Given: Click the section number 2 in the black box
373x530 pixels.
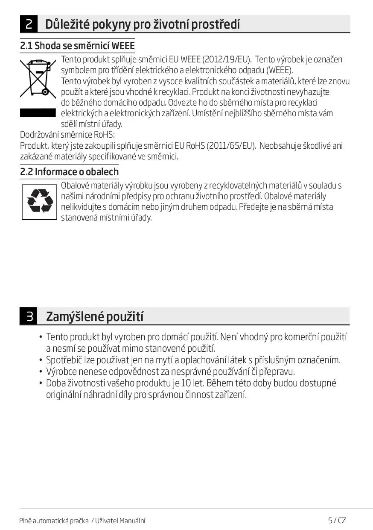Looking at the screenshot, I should (28, 24).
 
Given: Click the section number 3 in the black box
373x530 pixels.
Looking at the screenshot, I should (28, 317).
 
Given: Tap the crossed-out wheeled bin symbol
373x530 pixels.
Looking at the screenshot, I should (38, 77).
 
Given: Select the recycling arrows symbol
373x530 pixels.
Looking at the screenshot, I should (39, 202).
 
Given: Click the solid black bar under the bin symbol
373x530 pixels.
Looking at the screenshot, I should (38, 113).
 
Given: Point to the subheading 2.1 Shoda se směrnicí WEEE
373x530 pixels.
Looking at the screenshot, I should (77, 46).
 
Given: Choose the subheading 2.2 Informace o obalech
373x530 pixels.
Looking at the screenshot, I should (69, 172).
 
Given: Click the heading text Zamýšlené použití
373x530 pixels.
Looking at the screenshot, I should (94, 317).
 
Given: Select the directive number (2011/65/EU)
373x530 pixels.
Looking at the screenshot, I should (231, 146).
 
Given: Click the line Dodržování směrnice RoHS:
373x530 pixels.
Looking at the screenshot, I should (65, 135).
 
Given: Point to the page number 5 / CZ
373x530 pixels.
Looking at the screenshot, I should (337, 520).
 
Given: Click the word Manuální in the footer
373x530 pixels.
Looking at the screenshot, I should (132, 521).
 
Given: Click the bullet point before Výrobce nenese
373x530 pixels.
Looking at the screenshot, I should (41, 371).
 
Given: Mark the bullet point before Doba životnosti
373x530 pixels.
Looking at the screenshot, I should (41, 383).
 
